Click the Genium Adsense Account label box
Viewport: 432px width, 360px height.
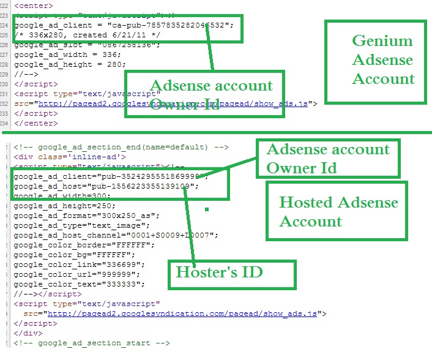click(374, 61)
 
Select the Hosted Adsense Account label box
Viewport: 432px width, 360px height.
click(338, 212)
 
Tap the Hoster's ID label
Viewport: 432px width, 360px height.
click(219, 271)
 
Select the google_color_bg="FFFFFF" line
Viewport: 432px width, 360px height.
click(74, 254)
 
